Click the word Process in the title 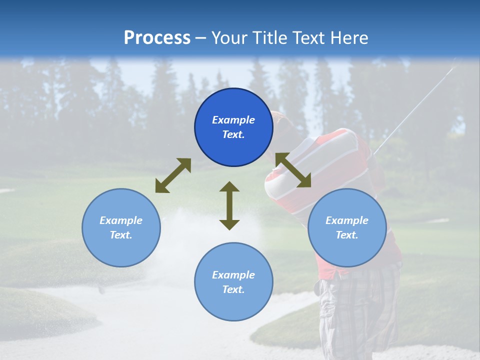click(x=157, y=38)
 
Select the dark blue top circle click(x=233, y=127)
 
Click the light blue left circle click(x=121, y=227)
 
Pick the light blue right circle click(x=347, y=227)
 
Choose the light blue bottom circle click(x=233, y=281)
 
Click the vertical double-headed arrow click(x=229, y=205)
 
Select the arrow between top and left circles click(x=173, y=175)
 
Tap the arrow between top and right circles click(x=293, y=170)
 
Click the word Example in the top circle click(x=233, y=120)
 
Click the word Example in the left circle click(x=121, y=220)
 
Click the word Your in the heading click(x=228, y=38)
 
